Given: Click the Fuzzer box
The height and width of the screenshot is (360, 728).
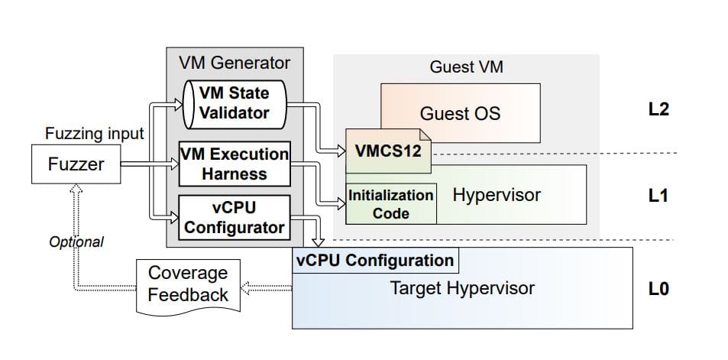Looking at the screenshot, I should coord(76,164).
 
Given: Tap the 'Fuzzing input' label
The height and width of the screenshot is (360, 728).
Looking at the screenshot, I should coord(94,134).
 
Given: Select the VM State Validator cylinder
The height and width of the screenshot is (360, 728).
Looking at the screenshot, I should coord(235,103).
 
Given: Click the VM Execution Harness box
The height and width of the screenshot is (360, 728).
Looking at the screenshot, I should coord(235,164).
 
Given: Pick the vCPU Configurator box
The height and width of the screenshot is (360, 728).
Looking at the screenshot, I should coord(235,217).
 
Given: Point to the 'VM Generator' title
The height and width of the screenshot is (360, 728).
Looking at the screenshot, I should coord(234,62).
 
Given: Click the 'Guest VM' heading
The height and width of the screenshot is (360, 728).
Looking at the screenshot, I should coord(466,67).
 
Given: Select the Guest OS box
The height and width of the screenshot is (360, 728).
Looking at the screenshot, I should coord(460,114).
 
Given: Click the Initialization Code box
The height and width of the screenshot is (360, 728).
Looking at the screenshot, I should coord(391,204).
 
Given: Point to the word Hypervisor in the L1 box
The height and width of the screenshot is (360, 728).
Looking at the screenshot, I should coord(496,195).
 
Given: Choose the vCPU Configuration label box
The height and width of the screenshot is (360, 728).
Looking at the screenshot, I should coord(374,260).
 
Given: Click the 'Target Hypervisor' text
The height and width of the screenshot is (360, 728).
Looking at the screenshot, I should coord(462,288).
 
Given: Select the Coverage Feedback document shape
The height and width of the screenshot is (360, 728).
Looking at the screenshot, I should coord(187,284).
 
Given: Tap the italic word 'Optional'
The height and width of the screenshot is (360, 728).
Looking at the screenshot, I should coord(76,242).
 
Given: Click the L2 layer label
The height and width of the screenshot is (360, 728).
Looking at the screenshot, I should coord(658,109).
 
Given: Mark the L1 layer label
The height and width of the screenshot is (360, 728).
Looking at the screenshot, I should coord(658,196).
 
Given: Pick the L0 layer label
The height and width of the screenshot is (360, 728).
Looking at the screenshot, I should coord(658,290).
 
